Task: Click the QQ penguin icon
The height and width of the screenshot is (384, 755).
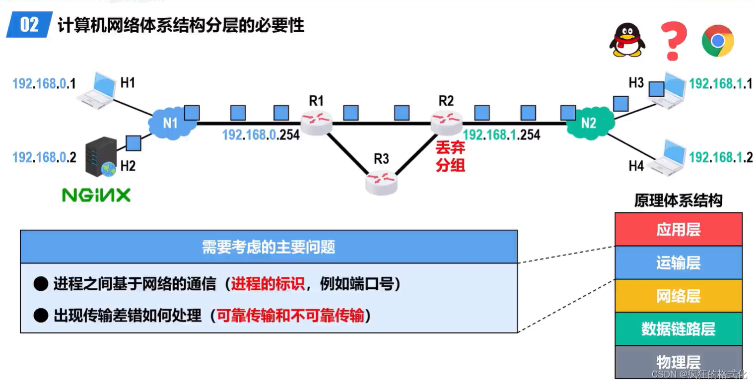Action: point(627,40)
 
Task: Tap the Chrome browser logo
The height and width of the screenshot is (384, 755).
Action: point(717,41)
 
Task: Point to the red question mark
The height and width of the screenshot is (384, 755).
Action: point(673,41)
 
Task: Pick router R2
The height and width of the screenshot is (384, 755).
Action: point(446,120)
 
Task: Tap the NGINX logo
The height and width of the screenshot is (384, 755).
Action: point(96,195)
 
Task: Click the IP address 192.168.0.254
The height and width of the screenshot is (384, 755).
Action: point(261,135)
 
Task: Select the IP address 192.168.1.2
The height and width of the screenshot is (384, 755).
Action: point(721,157)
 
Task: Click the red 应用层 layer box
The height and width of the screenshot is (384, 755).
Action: point(678,229)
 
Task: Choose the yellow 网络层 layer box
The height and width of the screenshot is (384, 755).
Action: point(678,296)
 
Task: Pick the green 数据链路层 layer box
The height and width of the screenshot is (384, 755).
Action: point(678,329)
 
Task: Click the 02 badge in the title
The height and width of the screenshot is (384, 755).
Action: point(30,25)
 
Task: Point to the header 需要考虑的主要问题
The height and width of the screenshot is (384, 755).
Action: point(269,247)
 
